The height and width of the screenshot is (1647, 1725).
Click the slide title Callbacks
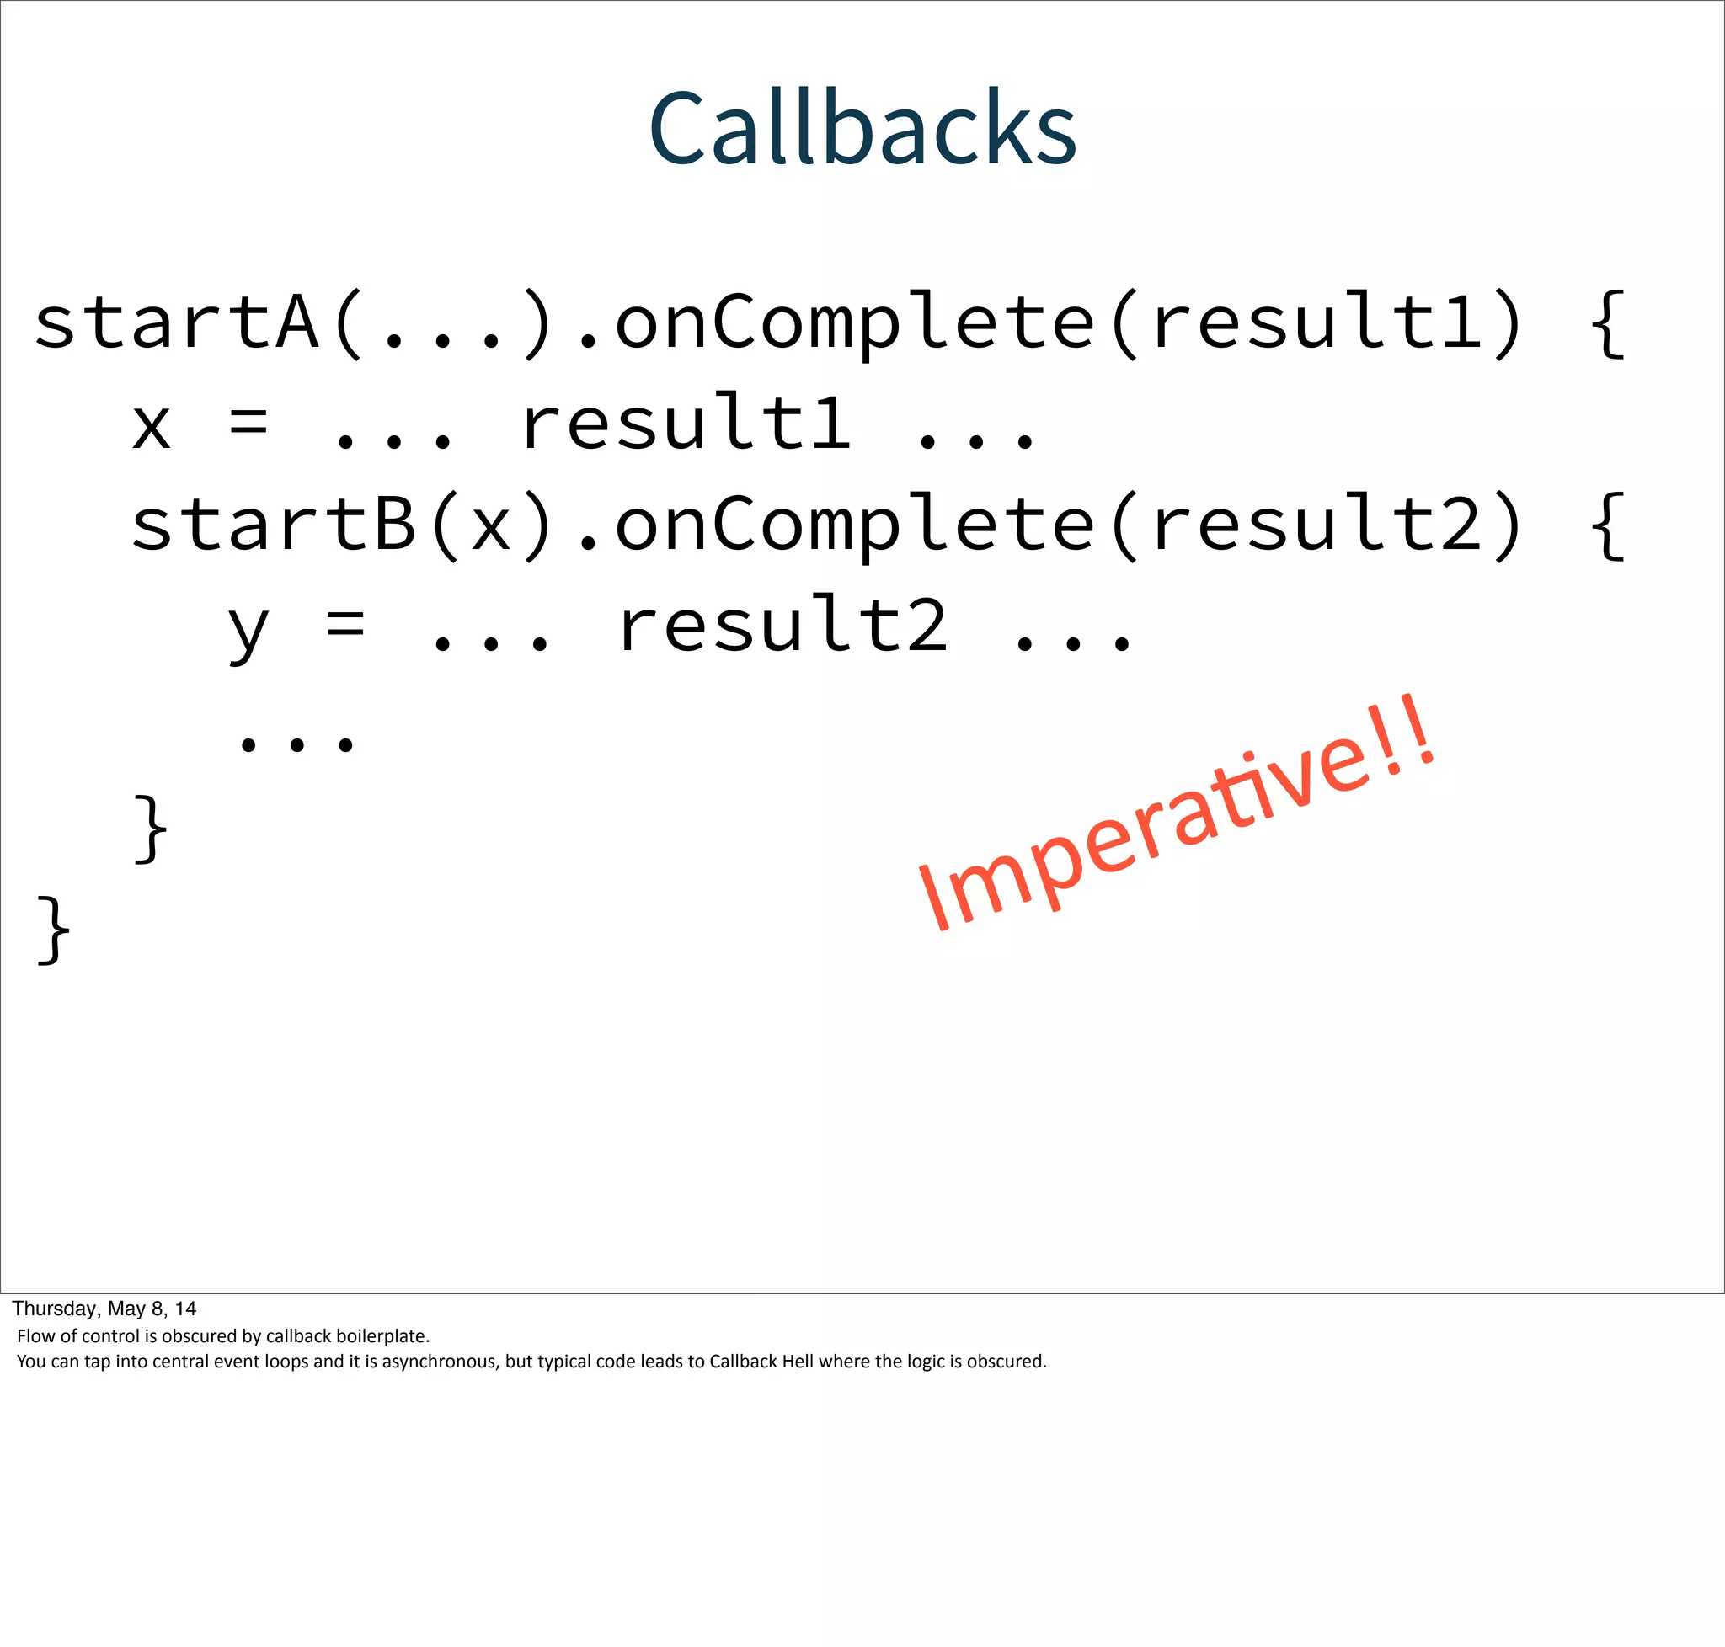862,128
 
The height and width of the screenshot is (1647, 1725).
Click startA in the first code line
176,323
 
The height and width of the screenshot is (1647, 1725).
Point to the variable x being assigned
151,425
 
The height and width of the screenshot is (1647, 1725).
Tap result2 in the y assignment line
783,625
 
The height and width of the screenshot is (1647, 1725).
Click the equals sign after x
248,424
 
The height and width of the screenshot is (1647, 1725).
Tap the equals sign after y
345,625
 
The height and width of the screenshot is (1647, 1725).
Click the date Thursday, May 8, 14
104,1309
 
